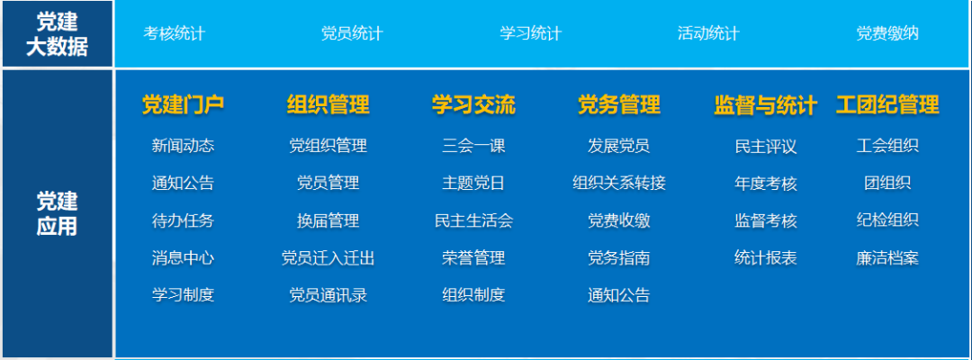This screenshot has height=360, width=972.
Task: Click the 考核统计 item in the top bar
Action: pos(175,34)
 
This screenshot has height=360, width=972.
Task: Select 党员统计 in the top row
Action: pos(352,34)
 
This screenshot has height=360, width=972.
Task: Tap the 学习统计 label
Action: pos(530,34)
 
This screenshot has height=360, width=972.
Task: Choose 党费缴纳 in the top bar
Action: pos(887,34)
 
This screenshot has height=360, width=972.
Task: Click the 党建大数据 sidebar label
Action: pos(57,34)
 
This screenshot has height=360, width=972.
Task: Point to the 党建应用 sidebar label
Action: pos(57,213)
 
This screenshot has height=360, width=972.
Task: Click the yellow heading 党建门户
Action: pos(183,105)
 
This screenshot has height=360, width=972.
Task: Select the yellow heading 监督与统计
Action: pos(765,105)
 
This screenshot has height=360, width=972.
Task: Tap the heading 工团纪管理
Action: pos(887,105)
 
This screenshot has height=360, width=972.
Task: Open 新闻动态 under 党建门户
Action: pos(183,146)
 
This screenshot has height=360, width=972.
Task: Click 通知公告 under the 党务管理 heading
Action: pos(618,295)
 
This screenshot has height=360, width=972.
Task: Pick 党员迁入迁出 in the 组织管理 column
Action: pos(328,258)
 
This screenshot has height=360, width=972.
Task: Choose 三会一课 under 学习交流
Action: pos(473,146)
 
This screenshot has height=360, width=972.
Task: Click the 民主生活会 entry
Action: pos(473,220)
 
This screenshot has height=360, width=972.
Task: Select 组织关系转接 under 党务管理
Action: pos(618,184)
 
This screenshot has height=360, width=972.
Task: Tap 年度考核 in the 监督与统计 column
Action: pos(766,184)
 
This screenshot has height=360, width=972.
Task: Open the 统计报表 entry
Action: pos(766,258)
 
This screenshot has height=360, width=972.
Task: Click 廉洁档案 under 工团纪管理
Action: pos(887,258)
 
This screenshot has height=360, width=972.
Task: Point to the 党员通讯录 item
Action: pos(328,295)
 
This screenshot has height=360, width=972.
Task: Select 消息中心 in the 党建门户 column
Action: pos(183,258)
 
